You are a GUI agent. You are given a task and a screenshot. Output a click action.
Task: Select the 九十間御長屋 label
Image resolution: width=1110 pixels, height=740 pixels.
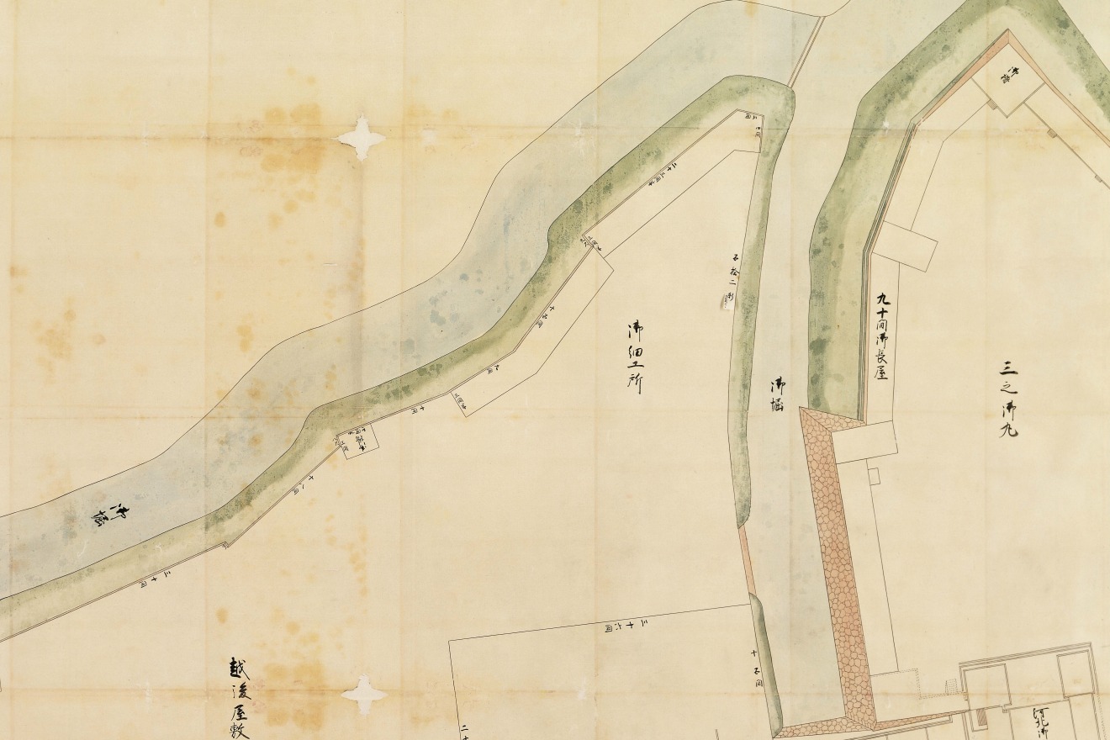882,336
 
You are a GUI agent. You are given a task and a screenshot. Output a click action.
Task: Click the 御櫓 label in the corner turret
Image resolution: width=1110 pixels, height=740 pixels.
1006,77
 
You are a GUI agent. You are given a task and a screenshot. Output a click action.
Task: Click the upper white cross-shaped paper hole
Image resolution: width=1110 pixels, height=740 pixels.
361,137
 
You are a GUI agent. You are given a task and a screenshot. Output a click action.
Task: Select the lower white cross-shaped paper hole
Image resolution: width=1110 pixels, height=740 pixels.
363,695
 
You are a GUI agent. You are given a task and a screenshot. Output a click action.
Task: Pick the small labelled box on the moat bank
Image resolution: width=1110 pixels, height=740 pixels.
357,440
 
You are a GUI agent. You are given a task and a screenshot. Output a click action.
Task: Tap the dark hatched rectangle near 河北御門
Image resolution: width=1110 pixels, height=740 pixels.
981,720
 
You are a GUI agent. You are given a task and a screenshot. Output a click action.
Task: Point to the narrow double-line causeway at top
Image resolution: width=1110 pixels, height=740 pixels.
806,50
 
